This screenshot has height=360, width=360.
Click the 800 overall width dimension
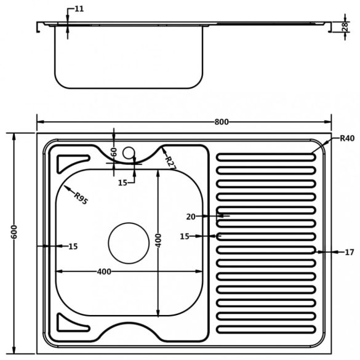[222, 122]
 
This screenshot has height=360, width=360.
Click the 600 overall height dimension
[14, 232]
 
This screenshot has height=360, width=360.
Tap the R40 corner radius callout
[347, 138]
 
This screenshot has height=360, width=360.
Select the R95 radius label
[81, 198]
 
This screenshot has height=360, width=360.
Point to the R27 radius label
[170, 163]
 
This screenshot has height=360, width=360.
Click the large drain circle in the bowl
[129, 243]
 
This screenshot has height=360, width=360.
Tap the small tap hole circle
[129, 153]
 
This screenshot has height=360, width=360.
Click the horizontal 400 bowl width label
[104, 271]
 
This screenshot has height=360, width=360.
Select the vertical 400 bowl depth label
[158, 241]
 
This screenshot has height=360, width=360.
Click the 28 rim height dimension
[345, 26]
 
